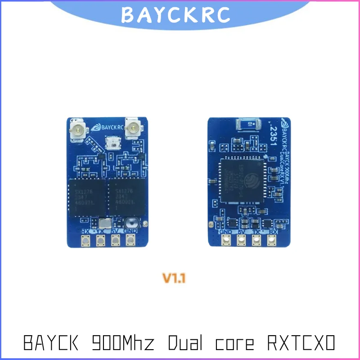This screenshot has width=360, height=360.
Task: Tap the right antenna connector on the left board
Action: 133,130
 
